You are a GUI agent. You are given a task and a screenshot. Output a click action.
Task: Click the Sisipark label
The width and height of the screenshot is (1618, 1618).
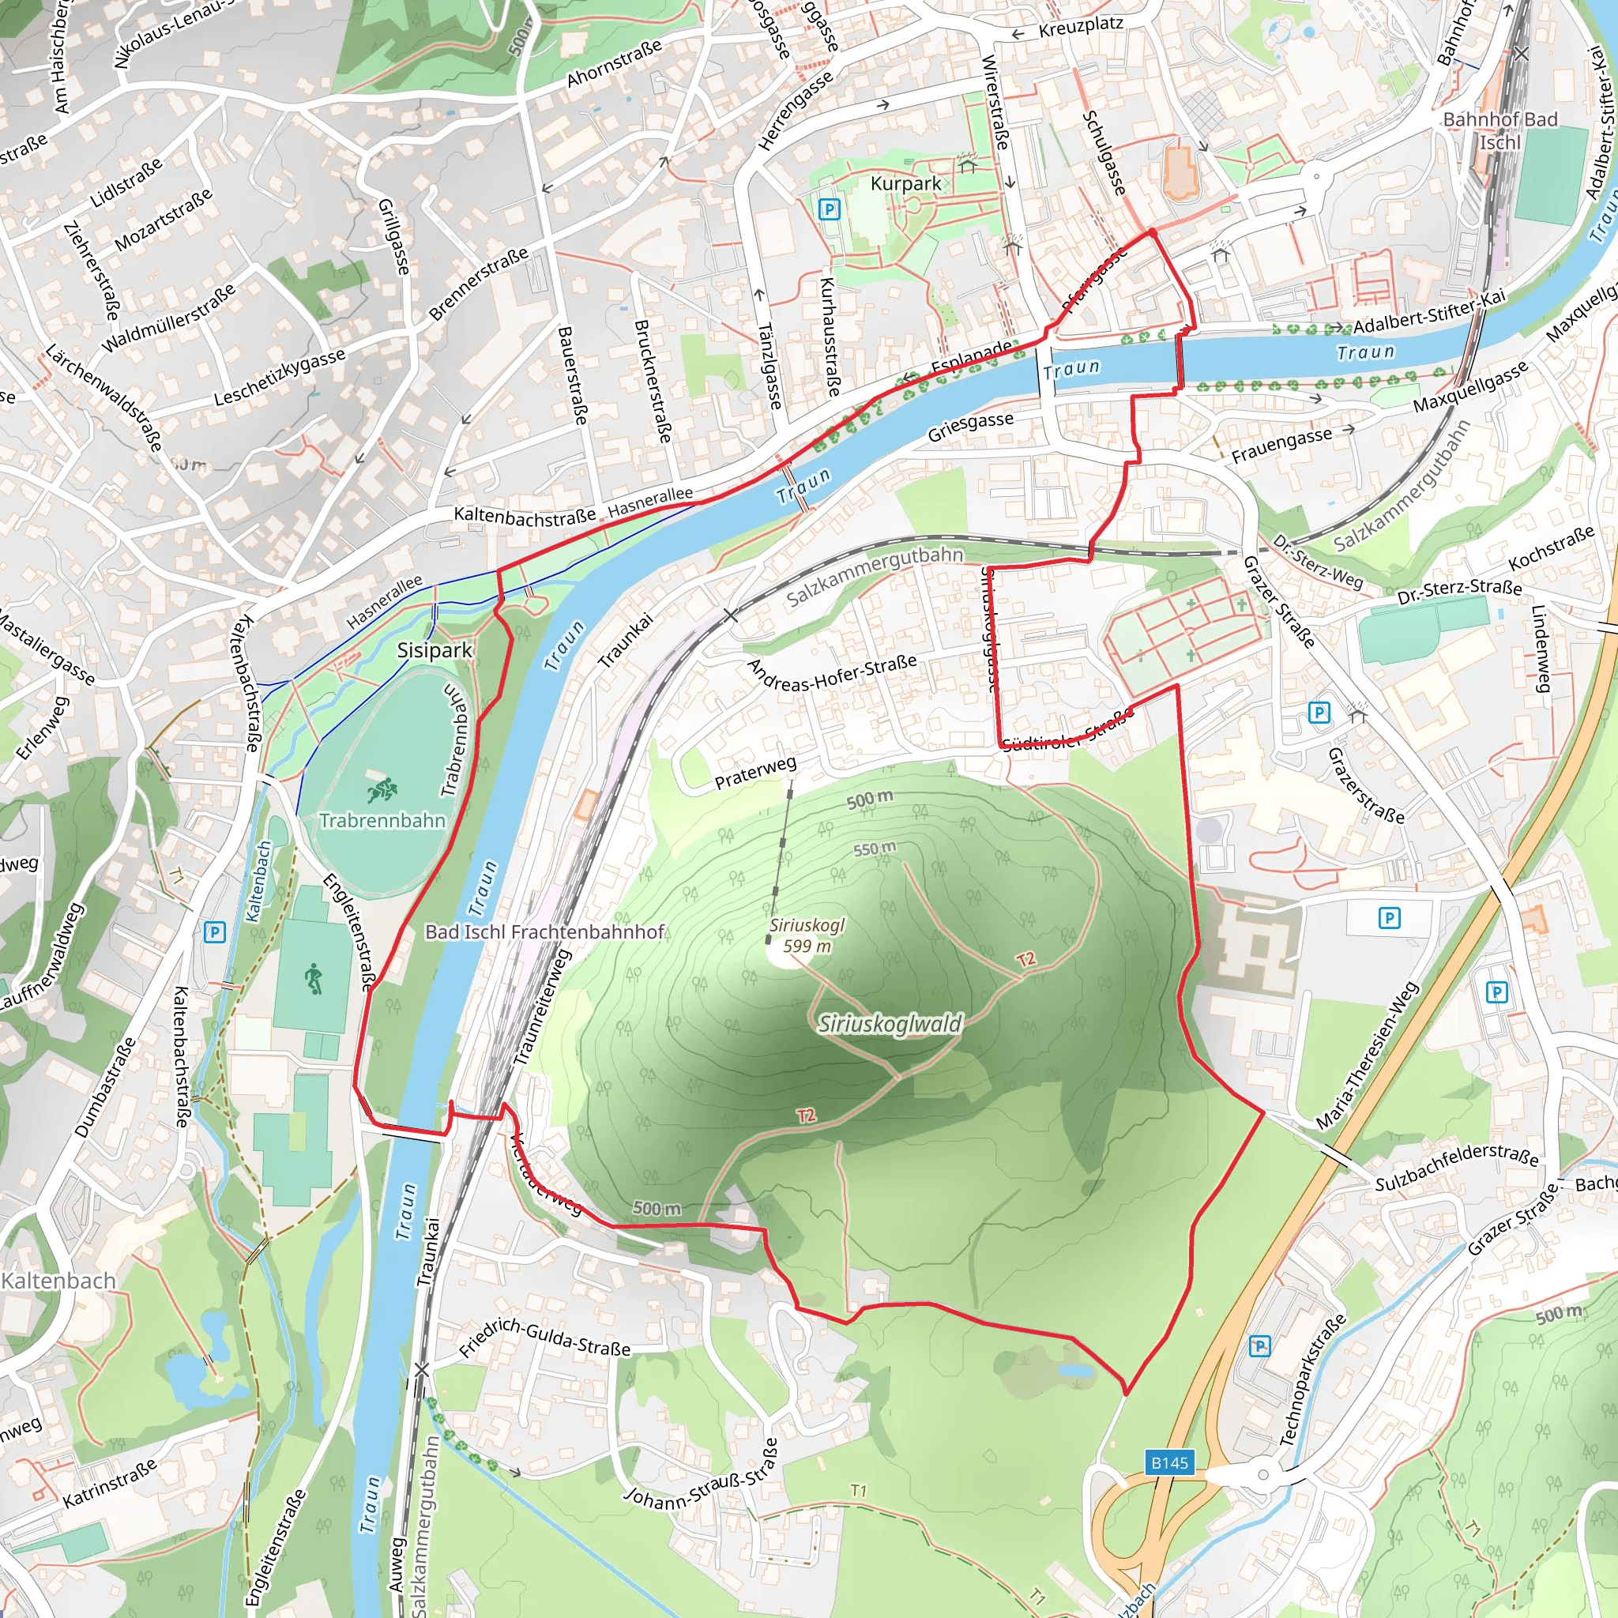coord(435,651)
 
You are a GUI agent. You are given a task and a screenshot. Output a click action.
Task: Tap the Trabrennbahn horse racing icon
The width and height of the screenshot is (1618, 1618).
coord(382,789)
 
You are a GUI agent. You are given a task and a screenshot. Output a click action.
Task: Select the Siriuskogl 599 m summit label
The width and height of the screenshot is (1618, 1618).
coord(807,935)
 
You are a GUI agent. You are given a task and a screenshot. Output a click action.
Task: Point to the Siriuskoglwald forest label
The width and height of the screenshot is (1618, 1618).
coord(890,1023)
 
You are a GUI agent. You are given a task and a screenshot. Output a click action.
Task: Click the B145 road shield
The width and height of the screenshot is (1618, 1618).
coord(1169,1463)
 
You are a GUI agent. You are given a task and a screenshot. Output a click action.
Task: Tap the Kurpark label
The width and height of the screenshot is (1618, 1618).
coord(905,183)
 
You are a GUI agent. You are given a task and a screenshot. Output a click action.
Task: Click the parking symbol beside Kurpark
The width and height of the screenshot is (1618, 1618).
coord(828,209)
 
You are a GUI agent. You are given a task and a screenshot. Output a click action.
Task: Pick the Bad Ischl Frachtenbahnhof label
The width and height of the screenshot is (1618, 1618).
coord(544,932)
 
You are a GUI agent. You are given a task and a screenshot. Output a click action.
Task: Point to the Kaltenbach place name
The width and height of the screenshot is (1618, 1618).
coord(58,1281)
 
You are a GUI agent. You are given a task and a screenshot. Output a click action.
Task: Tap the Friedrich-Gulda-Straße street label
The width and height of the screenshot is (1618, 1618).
coord(545,1338)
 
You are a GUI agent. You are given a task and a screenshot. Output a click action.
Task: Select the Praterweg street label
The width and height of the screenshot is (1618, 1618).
coord(755,773)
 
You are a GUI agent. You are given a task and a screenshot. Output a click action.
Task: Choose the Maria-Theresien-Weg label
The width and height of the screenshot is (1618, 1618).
coord(1367,1055)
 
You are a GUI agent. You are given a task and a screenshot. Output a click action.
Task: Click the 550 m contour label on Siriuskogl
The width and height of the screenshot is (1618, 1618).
coord(875,849)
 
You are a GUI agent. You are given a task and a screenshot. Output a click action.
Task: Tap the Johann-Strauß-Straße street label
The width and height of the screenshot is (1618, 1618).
coord(702,1474)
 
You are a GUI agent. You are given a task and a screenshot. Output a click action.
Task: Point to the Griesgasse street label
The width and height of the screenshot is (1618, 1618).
coord(970,427)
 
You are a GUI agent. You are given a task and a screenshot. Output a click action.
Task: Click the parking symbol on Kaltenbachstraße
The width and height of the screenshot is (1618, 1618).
coord(214,932)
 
